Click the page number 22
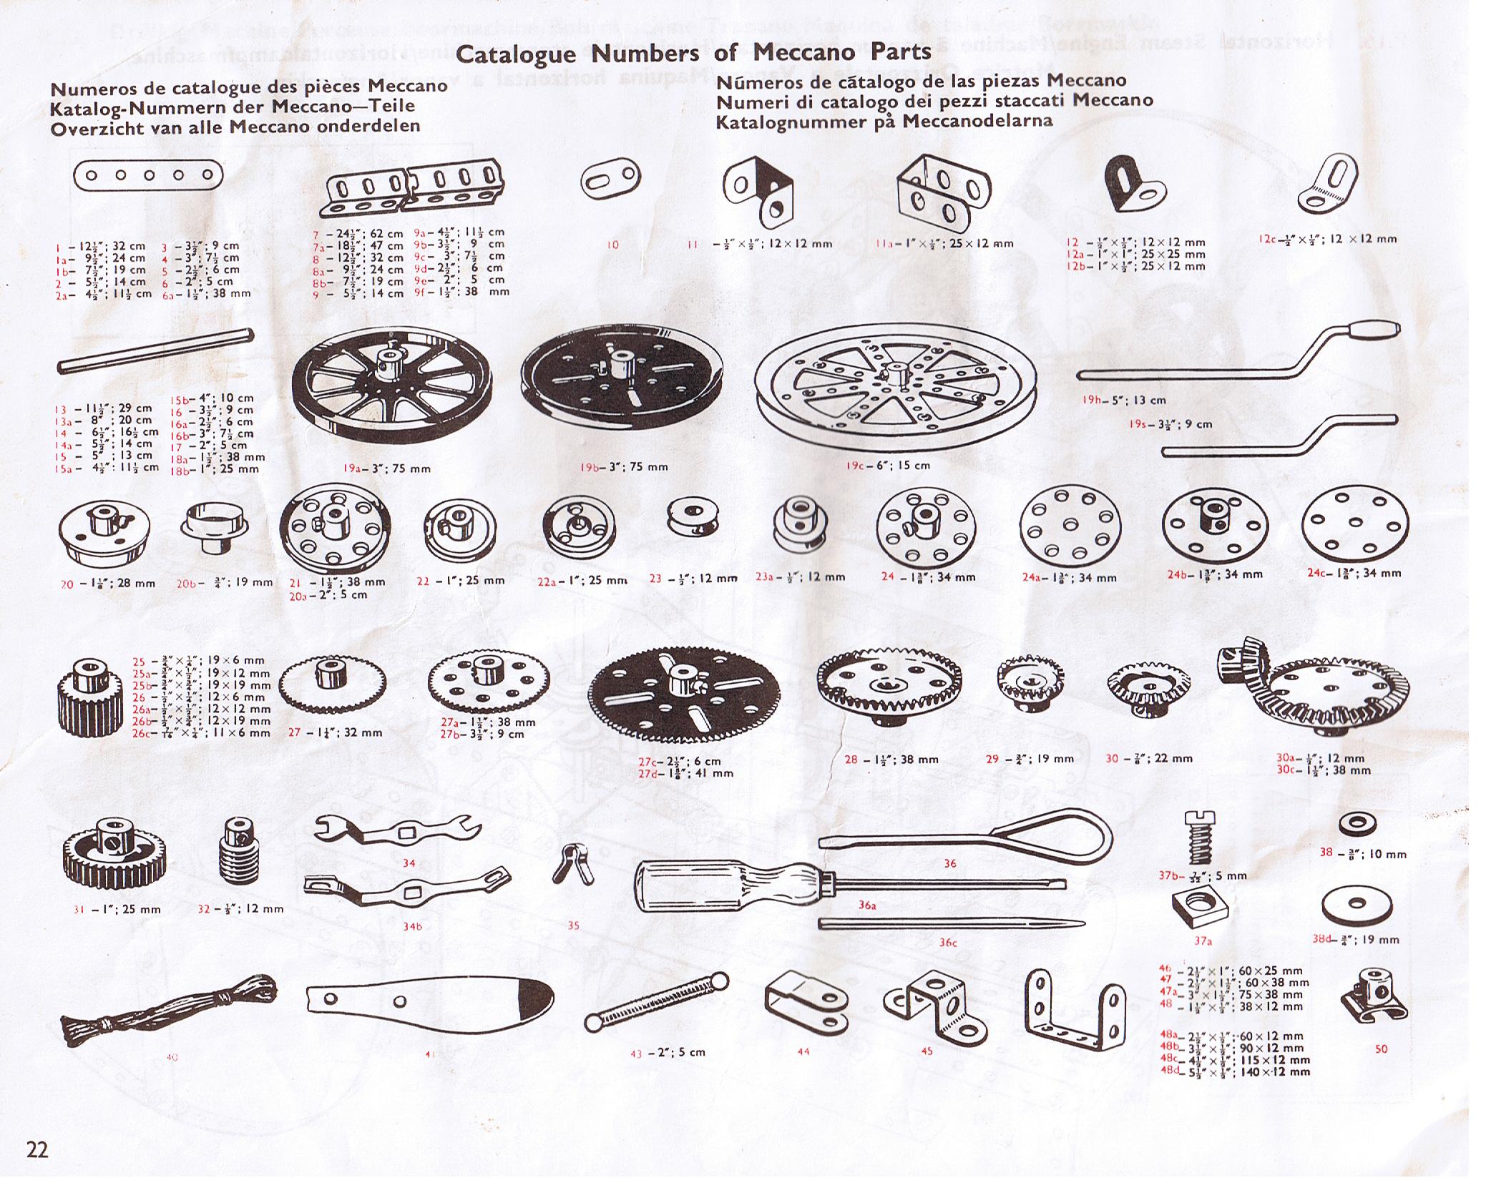(x=37, y=1149)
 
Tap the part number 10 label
(x=612, y=245)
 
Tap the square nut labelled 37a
(x=1201, y=910)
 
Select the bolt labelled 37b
(x=1202, y=839)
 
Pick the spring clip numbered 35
(x=572, y=863)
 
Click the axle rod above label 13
(x=156, y=350)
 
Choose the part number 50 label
(x=1380, y=1049)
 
